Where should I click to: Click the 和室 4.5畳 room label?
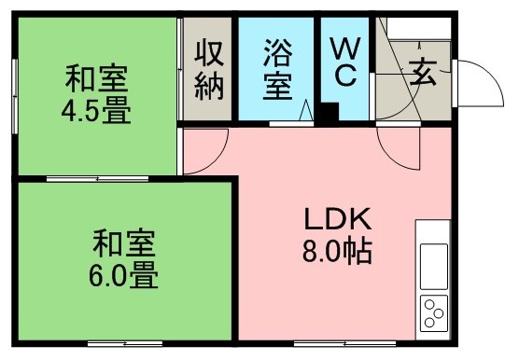tap(96, 94)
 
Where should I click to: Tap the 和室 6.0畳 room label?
tap(123, 258)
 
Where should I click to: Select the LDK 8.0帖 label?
tap(337, 235)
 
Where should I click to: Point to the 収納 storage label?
tap(209, 70)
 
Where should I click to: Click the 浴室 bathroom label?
tap(278, 70)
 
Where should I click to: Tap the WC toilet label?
tap(345, 62)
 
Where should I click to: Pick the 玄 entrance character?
tap(423, 73)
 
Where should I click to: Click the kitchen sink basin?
tap(434, 267)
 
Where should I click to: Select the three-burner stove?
tap(434, 313)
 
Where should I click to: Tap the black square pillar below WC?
tap(330, 112)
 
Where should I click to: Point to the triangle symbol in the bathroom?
tap(305, 110)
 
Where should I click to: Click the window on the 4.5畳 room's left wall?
tap(15, 96)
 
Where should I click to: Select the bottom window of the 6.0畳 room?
tap(125, 344)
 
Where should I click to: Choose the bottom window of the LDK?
tap(344, 344)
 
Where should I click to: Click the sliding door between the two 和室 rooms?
tap(97, 179)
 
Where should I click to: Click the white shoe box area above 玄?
tap(419, 28)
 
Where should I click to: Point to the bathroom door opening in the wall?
tap(291, 124)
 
